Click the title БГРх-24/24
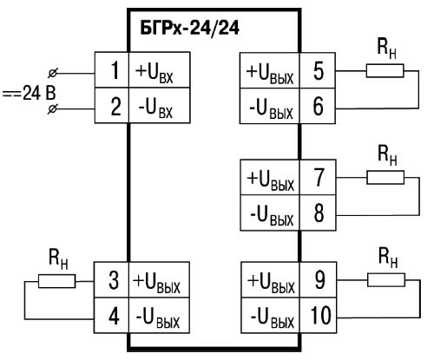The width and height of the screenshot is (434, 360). click(x=189, y=29)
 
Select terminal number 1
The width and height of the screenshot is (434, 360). click(x=115, y=70)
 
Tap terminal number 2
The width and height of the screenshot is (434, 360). click(x=115, y=107)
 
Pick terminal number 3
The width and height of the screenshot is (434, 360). click(x=114, y=280)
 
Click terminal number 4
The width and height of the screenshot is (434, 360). click(x=114, y=316)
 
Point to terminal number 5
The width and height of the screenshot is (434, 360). click(x=319, y=71)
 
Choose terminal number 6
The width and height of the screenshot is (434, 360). click(x=319, y=107)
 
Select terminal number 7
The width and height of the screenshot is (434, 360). click(x=319, y=177)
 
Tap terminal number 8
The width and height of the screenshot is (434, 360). click(x=319, y=213)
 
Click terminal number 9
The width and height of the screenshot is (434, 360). click(x=319, y=280)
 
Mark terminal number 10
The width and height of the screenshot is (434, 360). click(x=320, y=315)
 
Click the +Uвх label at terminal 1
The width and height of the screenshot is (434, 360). click(x=154, y=72)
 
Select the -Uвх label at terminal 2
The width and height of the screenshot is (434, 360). click(x=155, y=108)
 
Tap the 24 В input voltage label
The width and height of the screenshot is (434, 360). click(x=30, y=93)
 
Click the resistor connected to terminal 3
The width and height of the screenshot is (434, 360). click(x=56, y=281)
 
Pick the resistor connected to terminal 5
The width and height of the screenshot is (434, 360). click(x=385, y=71)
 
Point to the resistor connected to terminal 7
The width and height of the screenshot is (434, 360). click(x=385, y=177)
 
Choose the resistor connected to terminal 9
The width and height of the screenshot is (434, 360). click(x=386, y=280)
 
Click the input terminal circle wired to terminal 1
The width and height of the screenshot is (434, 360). click(x=52, y=74)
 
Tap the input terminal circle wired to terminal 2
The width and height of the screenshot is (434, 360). click(x=52, y=109)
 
